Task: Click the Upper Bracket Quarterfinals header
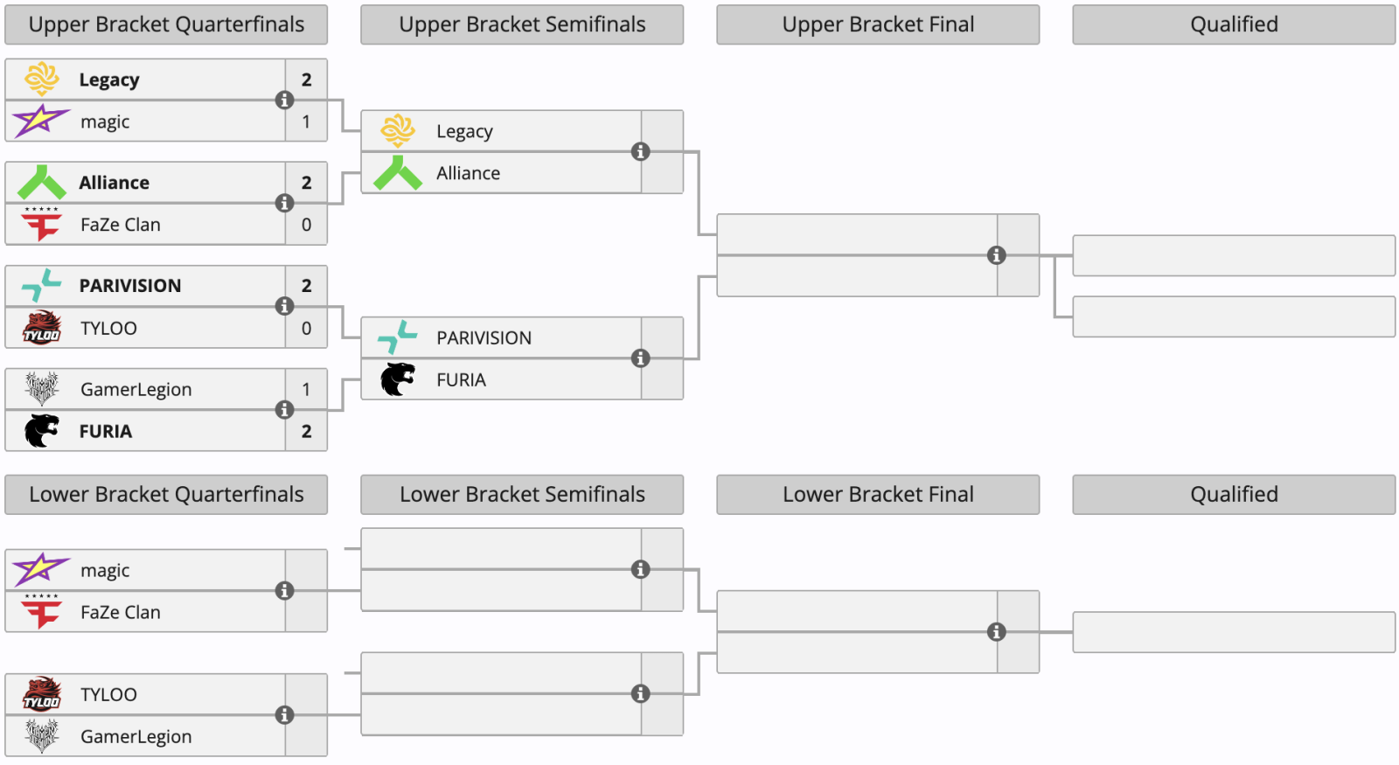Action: pyautogui.click(x=166, y=24)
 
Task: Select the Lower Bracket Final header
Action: pyautogui.click(x=878, y=495)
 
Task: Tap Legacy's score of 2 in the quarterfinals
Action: pyautogui.click(x=307, y=80)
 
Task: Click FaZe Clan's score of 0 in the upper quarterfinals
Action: pyautogui.click(x=307, y=224)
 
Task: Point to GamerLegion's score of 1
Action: pyautogui.click(x=307, y=389)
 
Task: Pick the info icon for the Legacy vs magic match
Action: pyautogui.click(x=285, y=100)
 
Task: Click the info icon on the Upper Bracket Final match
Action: pyautogui.click(x=997, y=255)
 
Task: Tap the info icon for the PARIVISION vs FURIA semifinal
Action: pyautogui.click(x=641, y=358)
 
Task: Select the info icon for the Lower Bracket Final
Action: pyautogui.click(x=997, y=632)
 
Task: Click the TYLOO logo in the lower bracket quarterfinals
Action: pyautogui.click(x=42, y=693)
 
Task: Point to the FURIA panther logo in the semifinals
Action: pyautogui.click(x=398, y=379)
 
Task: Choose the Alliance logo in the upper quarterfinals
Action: pyautogui.click(x=41, y=183)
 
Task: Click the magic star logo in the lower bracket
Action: pyautogui.click(x=40, y=569)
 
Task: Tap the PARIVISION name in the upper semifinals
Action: pyautogui.click(x=484, y=337)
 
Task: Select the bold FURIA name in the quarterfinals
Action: pyautogui.click(x=106, y=432)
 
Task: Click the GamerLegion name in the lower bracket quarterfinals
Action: pyautogui.click(x=136, y=737)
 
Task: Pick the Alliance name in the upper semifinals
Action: pyautogui.click(x=469, y=173)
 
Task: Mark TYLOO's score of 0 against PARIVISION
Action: pyautogui.click(x=307, y=328)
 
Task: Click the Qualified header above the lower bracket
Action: pyautogui.click(x=1234, y=495)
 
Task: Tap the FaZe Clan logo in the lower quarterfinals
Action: pyautogui.click(x=41, y=611)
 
